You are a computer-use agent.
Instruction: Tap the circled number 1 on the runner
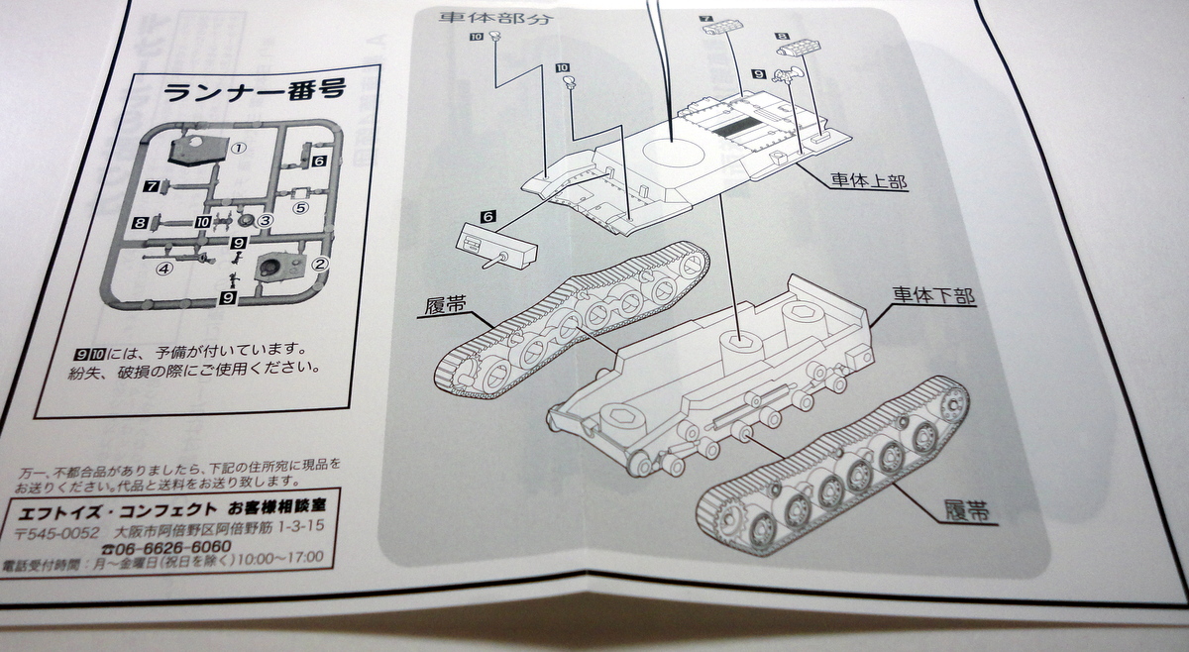point(238,147)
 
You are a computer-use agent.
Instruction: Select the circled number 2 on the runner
point(319,264)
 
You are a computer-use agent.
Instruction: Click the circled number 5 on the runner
point(301,208)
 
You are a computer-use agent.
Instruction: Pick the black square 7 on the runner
point(152,185)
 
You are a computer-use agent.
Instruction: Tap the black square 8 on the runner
point(140,223)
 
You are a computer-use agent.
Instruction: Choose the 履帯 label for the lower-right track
point(963,512)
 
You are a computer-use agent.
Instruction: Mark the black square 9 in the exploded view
point(758,73)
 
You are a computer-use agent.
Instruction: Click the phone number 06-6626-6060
point(173,547)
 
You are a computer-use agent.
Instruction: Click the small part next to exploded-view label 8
point(797,47)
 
